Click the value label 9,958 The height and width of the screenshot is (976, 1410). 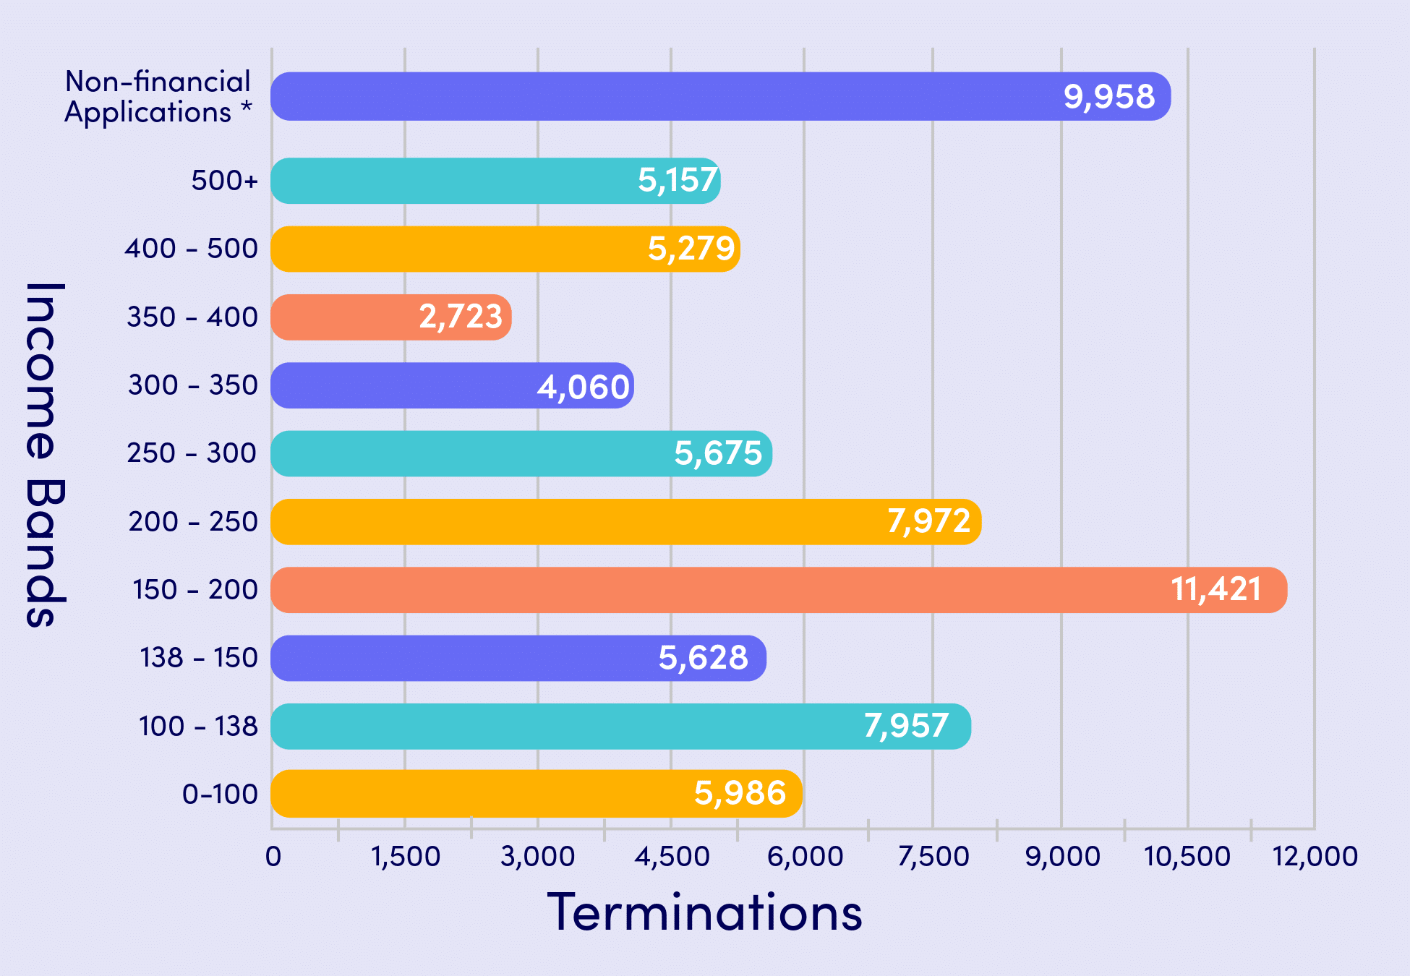[x=1109, y=96]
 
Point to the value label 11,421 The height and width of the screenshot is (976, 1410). [x=1216, y=589]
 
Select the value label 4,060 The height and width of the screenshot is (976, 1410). [x=583, y=387]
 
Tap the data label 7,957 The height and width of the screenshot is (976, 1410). [x=906, y=726]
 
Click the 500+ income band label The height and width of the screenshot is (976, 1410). [x=224, y=180]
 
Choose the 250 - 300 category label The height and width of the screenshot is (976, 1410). [x=192, y=453]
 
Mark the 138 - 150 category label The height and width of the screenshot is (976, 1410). [x=199, y=658]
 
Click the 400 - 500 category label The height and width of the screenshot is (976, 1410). [x=191, y=249]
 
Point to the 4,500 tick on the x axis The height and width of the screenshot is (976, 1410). [x=672, y=857]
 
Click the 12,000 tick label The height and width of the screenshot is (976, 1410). [x=1315, y=857]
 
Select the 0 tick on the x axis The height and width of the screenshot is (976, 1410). [x=273, y=857]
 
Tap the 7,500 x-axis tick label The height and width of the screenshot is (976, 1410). [x=933, y=857]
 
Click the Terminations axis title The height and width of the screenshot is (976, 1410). [x=705, y=912]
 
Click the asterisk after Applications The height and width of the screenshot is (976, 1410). [x=247, y=108]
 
